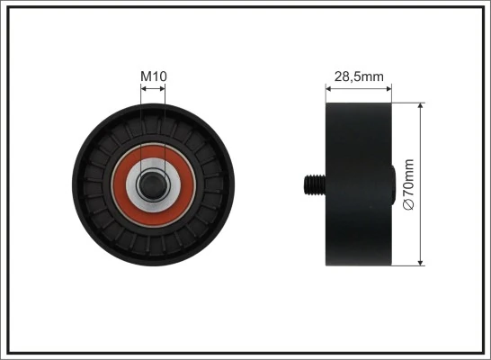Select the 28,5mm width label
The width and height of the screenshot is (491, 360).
358,76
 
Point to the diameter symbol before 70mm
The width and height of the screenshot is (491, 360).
409,205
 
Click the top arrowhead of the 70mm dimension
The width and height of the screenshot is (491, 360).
421,106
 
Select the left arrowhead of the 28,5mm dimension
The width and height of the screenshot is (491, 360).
328,88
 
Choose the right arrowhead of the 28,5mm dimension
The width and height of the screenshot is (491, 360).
388,88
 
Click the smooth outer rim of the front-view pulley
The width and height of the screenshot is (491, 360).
81,184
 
